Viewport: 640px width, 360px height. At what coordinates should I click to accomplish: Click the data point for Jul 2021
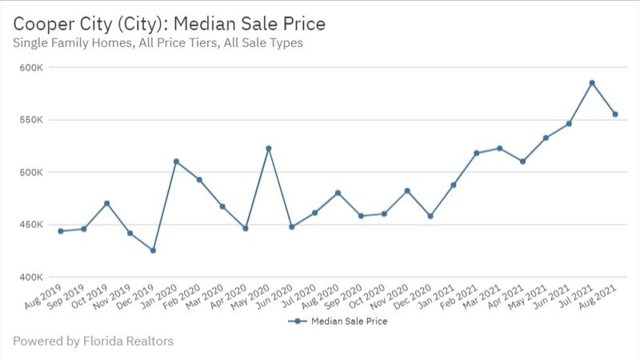592,82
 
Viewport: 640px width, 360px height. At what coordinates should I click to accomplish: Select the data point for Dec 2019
153,250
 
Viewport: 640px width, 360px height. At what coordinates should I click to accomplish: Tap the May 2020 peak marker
269,148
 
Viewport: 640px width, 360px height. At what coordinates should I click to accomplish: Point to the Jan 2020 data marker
176,161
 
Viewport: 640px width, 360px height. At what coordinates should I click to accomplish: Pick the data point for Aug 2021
615,114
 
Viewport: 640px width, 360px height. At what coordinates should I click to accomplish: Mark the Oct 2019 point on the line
106,203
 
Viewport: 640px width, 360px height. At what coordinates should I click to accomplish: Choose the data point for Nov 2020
407,190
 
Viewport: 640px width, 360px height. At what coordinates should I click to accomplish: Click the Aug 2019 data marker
60,231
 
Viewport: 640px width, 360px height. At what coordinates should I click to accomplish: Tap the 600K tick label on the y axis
31,68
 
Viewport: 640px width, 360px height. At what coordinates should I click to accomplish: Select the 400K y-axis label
31,277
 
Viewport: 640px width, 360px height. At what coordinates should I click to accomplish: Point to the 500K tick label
31,172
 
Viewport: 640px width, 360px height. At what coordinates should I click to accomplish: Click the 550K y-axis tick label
31,120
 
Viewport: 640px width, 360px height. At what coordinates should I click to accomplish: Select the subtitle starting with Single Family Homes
158,43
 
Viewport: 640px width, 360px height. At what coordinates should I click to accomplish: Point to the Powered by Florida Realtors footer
93,342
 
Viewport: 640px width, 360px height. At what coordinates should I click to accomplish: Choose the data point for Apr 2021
522,161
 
